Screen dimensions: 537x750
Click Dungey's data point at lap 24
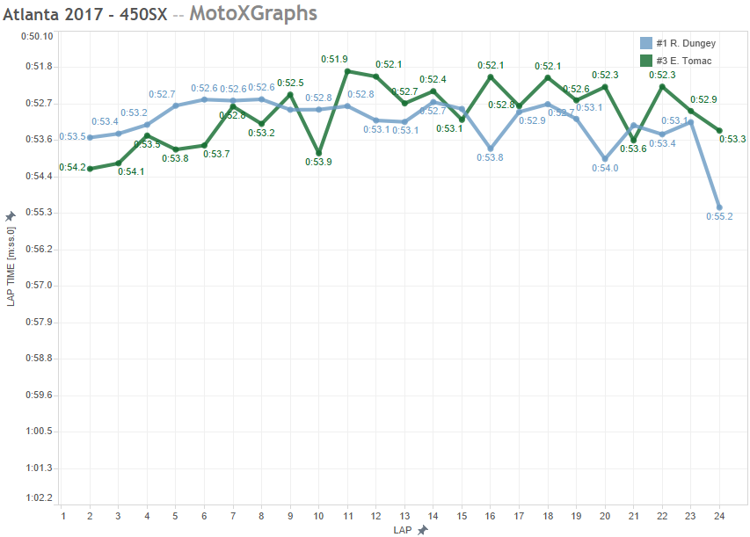(719, 207)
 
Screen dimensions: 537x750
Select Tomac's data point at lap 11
(347, 71)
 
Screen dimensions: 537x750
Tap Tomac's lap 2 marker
(90, 169)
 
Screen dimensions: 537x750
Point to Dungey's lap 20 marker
(605, 159)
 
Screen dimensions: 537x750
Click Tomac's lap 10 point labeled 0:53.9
(318, 153)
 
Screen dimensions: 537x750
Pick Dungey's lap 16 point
(491, 149)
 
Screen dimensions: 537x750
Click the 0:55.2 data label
(719, 216)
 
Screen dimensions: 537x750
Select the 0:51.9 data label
(334, 59)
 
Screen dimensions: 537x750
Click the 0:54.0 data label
(605, 168)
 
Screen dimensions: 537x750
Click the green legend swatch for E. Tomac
(646, 61)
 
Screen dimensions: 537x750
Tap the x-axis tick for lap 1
(62, 516)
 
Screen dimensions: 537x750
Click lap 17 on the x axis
(519, 516)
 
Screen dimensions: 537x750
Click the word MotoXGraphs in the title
(253, 14)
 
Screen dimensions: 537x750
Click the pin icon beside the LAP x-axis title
(423, 530)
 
